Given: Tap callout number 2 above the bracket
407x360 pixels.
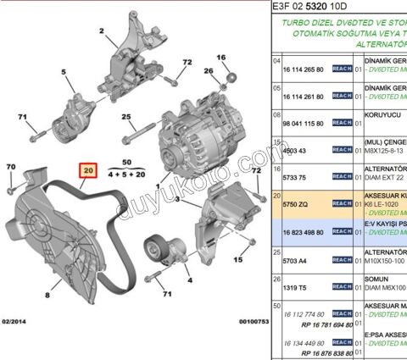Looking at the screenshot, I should [x=100, y=32].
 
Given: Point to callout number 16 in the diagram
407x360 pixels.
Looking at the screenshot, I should [x=222, y=58].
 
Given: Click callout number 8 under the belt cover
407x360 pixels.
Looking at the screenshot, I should [x=47, y=296].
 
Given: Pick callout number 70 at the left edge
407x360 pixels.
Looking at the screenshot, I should [x=11, y=167].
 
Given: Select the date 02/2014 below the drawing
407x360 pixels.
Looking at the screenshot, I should [x=17, y=321].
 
